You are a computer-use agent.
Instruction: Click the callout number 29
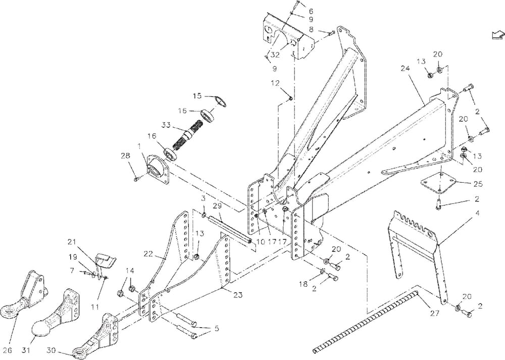click(x=217, y=205)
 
